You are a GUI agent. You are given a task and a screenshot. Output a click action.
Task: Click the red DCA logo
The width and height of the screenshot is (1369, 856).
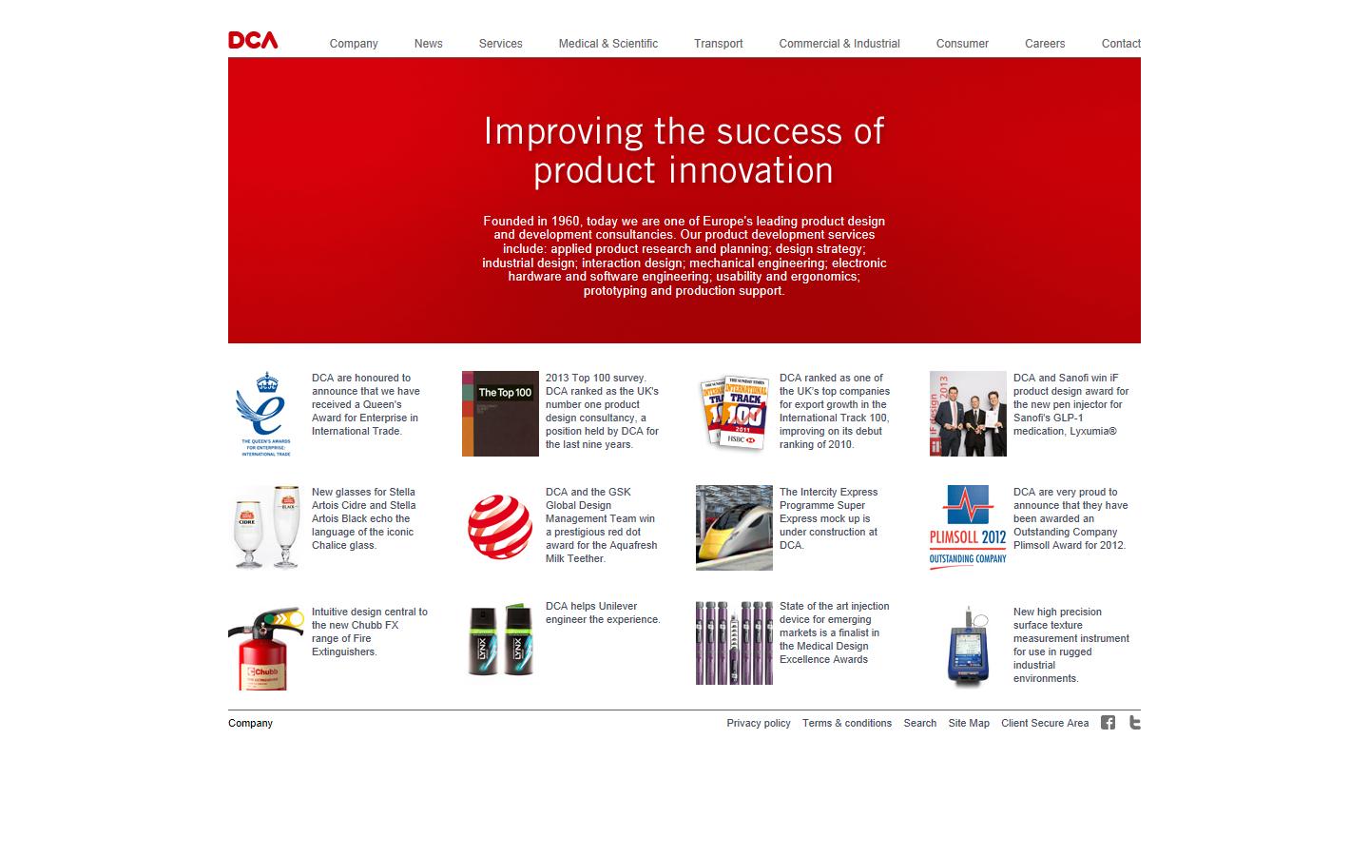tap(253, 40)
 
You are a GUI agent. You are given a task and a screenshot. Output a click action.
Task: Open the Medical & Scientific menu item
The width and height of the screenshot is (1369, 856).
tap(607, 44)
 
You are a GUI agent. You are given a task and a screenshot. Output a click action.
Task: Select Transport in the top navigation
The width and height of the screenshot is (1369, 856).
tap(718, 44)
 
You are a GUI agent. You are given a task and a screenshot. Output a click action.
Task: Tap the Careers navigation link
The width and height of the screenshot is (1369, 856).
tap(1044, 44)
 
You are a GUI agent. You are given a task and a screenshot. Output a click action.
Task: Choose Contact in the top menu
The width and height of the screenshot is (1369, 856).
tap(1120, 44)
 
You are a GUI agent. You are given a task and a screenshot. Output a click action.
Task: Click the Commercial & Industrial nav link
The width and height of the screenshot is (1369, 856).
tap(839, 44)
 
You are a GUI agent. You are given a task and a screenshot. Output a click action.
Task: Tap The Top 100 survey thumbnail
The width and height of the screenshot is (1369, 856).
tap(500, 414)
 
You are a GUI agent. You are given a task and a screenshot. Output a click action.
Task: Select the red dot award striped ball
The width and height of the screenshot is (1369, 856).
tap(500, 527)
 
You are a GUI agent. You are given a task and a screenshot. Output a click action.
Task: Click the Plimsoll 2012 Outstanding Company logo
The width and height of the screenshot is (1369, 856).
tap(968, 528)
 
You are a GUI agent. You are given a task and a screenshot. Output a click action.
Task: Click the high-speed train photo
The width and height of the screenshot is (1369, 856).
tap(734, 528)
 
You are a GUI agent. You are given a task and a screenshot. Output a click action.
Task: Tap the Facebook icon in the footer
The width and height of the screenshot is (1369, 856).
tap(1108, 723)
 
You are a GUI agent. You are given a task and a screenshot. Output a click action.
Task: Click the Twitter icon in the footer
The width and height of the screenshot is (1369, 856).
tap(1134, 723)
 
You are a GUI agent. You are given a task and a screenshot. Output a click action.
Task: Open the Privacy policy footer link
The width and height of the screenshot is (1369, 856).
tap(758, 724)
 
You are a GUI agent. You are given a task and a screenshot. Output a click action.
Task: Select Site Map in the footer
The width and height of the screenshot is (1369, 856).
tap(968, 724)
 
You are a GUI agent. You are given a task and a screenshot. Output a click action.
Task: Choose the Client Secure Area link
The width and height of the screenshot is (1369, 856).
tap(1044, 724)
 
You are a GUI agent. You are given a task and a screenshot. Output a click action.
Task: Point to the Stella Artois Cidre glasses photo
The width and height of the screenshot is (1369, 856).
tap(265, 528)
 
